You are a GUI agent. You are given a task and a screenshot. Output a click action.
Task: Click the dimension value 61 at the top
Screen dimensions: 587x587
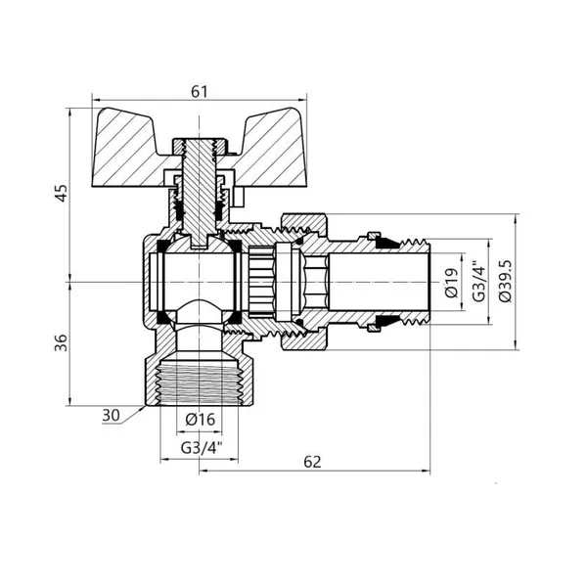pos(199,91)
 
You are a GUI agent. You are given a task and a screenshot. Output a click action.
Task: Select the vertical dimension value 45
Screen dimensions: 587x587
pos(62,193)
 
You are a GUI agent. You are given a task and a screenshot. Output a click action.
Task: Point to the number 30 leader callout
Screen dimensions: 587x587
pos(111,415)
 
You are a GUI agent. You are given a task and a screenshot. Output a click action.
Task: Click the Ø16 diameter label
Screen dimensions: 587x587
pos(201,420)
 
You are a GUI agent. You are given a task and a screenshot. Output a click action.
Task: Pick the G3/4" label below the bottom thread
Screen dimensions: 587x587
pos(201,447)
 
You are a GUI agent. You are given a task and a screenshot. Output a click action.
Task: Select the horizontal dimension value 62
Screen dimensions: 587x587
pos(313,462)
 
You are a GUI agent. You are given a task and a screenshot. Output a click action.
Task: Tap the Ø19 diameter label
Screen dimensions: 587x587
pos(452,282)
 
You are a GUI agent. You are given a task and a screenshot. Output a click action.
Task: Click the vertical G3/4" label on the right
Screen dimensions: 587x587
pos(478,281)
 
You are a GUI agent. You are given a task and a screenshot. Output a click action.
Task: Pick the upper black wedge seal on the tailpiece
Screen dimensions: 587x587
pos(386,243)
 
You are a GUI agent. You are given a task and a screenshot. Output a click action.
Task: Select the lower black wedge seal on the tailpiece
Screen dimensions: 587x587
pos(386,321)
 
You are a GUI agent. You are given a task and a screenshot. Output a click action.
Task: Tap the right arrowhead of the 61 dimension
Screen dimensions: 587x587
pos(303,101)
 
